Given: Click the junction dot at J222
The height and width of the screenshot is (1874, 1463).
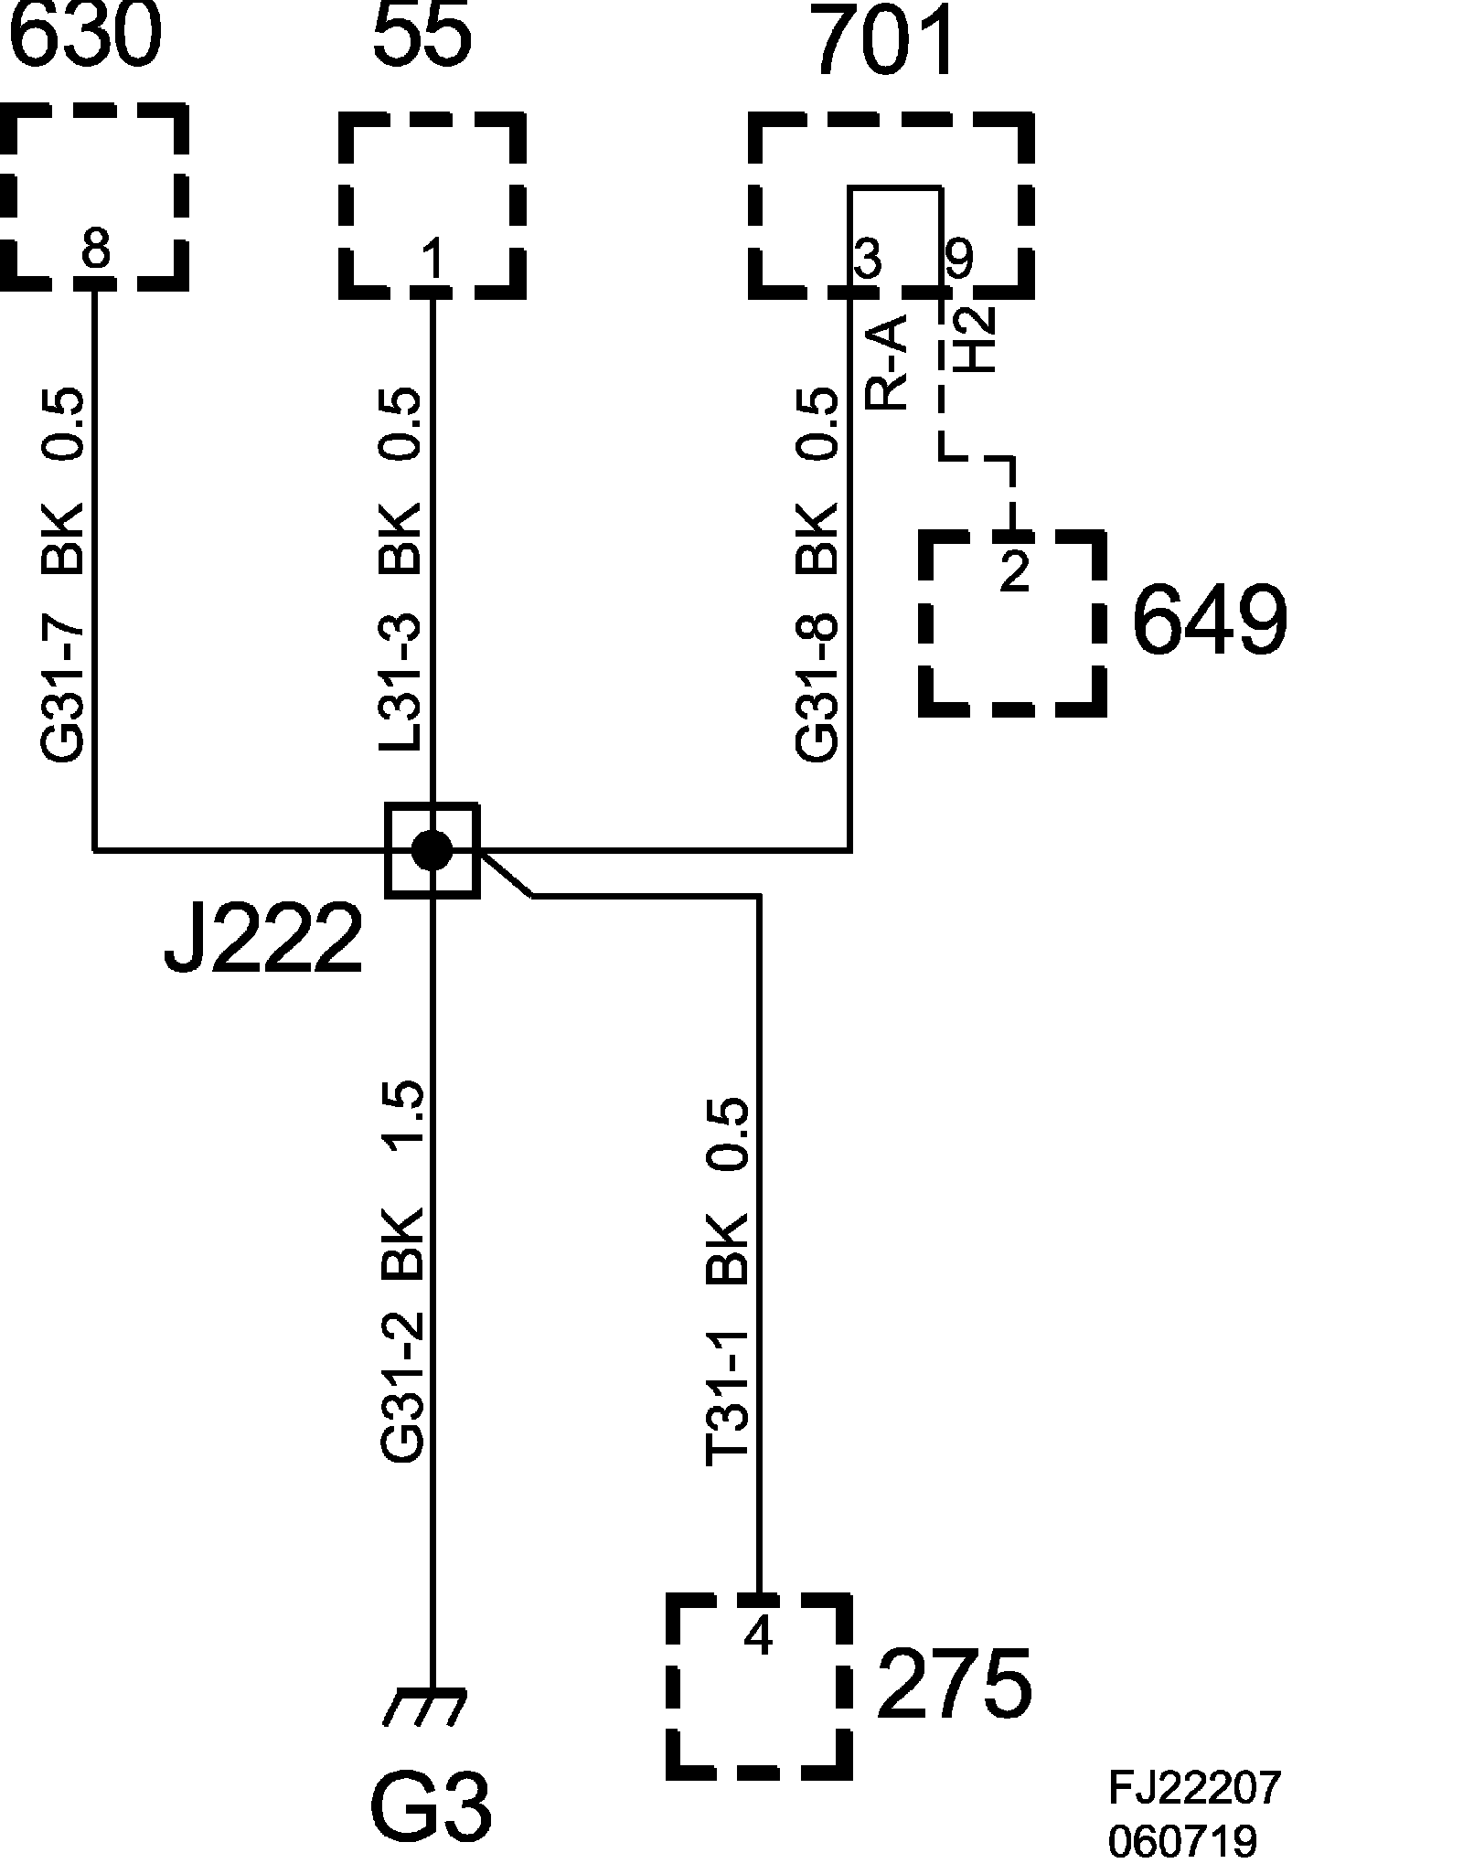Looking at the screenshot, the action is click(432, 850).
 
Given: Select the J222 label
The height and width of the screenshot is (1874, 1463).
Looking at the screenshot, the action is click(262, 939).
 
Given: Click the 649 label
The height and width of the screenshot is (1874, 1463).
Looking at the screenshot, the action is click(1210, 620).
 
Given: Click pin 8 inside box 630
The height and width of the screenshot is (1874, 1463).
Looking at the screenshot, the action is click(95, 248).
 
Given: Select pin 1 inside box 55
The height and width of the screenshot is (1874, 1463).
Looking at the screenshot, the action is click(432, 259).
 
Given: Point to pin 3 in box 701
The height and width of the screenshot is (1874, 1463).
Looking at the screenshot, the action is click(867, 259).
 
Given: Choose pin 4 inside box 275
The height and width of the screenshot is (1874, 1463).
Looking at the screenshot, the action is click(759, 1636).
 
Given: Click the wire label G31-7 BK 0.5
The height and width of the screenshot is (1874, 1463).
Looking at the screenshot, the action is click(63, 574).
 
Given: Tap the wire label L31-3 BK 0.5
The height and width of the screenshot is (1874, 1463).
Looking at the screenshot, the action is click(400, 570).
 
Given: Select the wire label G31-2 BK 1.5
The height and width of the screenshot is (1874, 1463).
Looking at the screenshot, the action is click(402, 1272).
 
